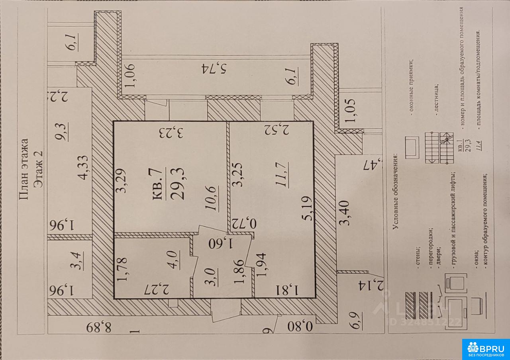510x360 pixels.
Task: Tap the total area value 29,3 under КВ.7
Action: pyautogui.click(x=175, y=184)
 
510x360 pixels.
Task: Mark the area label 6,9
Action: pyautogui.click(x=356, y=321)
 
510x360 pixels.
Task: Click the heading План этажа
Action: pyautogui.click(x=24, y=168)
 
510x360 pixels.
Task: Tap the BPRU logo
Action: pyautogui.click(x=486, y=349)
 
